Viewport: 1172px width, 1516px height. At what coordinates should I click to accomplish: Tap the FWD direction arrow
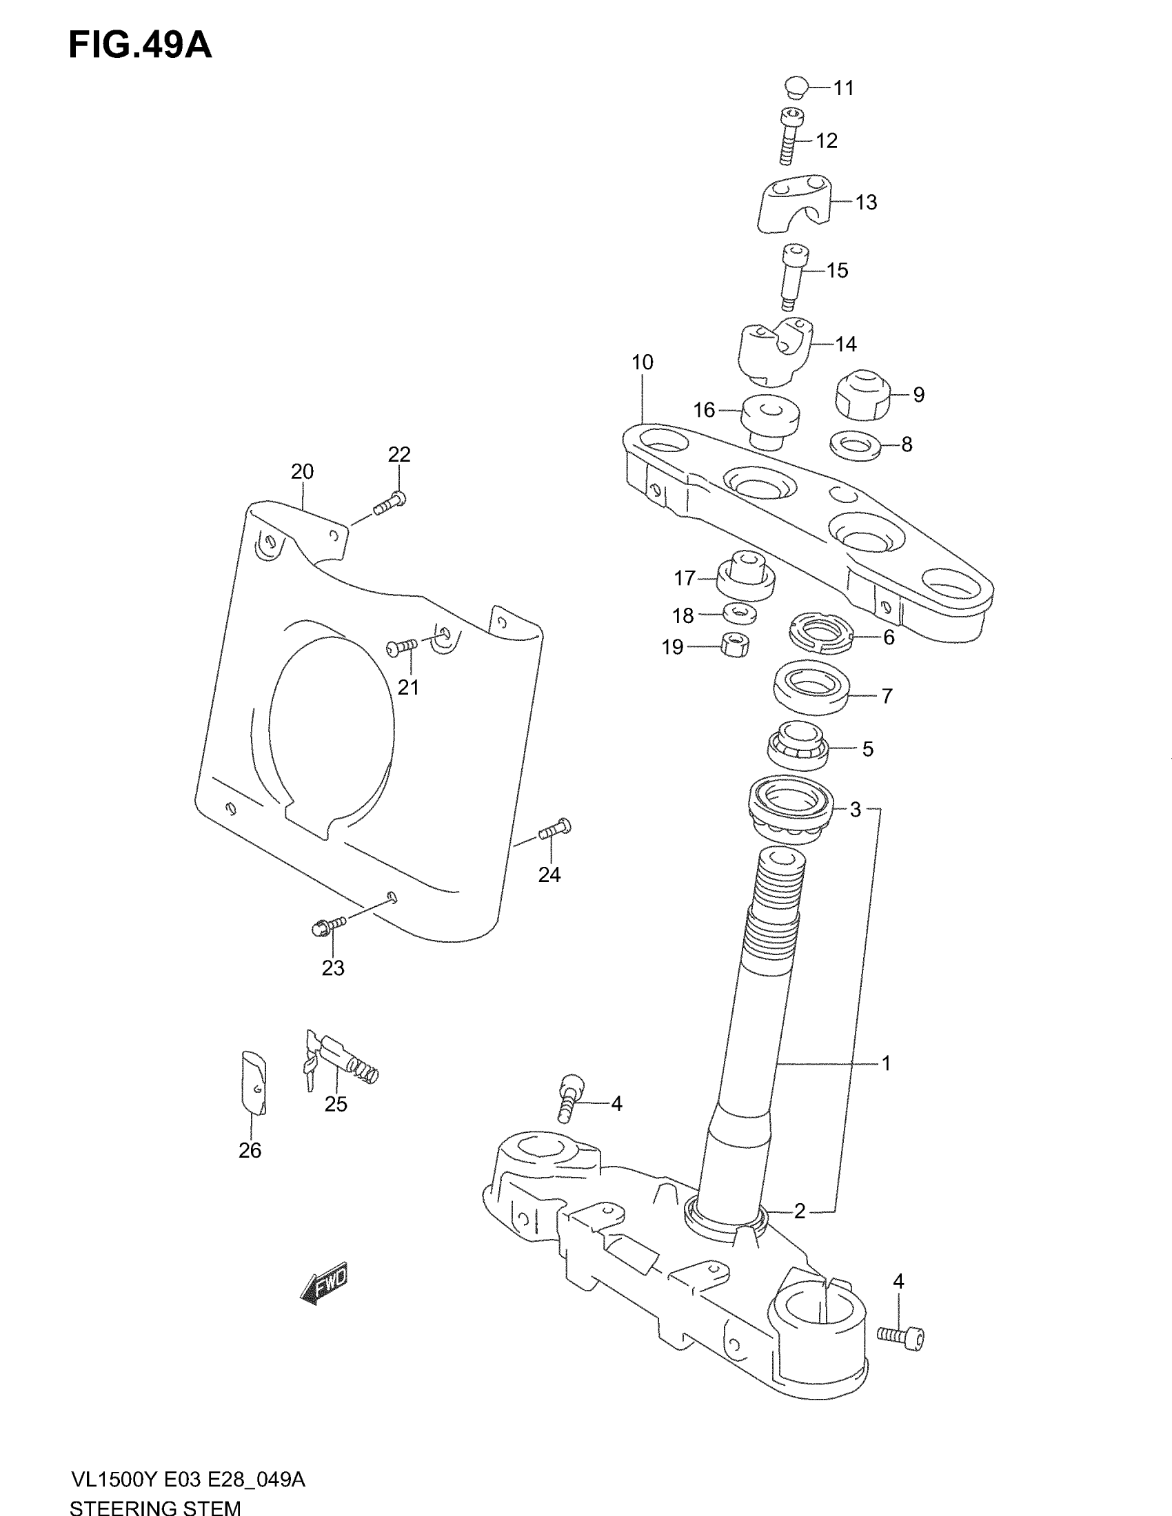tap(323, 1282)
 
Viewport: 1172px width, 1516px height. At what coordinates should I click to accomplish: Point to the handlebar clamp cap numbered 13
tap(793, 202)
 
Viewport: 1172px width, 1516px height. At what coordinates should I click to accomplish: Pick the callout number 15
tap(838, 270)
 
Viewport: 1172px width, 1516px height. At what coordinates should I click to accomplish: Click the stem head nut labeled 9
tap(862, 394)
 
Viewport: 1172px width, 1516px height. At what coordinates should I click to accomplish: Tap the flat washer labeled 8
tap(856, 444)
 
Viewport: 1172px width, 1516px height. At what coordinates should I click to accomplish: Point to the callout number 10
tap(643, 362)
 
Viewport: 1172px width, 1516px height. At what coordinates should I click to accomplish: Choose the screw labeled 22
tap(390, 503)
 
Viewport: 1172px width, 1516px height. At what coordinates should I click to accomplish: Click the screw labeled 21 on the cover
tap(401, 647)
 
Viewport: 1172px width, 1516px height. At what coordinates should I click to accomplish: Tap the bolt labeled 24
tap(554, 828)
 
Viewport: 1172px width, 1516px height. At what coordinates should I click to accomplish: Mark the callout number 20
tap(302, 472)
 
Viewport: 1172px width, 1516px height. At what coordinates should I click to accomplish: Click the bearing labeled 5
tap(798, 747)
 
